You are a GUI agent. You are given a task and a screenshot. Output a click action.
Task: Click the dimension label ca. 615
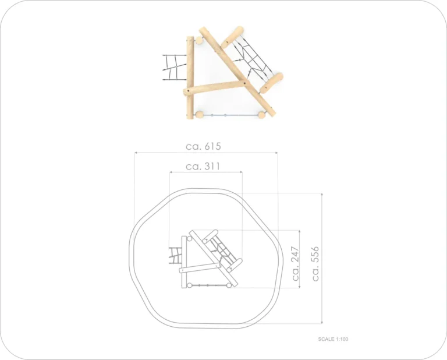(x=203, y=146)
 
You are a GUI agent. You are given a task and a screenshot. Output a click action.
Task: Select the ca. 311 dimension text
(x=203, y=166)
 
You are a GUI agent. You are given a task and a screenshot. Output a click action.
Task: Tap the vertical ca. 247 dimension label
(x=296, y=263)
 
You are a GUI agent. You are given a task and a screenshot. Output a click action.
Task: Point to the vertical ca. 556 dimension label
(x=315, y=264)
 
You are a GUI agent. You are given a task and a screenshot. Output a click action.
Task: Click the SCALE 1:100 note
(x=333, y=339)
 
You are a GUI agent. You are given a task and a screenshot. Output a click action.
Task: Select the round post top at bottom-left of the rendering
(x=199, y=115)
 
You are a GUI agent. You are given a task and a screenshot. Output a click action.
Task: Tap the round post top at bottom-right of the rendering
(x=261, y=115)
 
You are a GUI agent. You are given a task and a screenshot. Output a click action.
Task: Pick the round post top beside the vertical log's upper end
(x=199, y=41)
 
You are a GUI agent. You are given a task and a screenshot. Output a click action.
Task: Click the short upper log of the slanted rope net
(x=233, y=37)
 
